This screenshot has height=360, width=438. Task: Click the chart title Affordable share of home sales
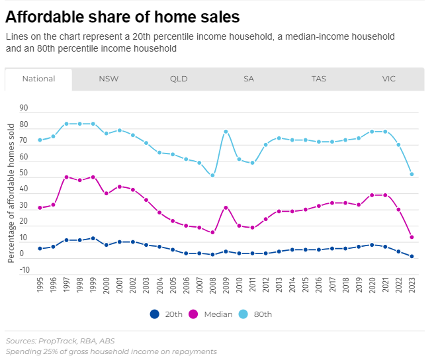(122, 16)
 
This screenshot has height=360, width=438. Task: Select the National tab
(38, 79)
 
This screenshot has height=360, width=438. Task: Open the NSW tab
(109, 79)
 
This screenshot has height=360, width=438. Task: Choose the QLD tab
(179, 79)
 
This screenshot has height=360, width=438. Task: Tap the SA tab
(249, 79)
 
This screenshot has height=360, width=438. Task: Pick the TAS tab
(319, 79)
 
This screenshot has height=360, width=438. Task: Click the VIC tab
(388, 79)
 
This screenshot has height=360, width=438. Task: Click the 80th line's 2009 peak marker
(226, 132)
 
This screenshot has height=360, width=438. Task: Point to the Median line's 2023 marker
(412, 237)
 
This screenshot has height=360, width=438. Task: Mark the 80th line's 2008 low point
(212, 175)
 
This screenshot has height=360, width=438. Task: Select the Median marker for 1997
(66, 177)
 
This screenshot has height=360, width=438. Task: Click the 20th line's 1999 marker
(93, 238)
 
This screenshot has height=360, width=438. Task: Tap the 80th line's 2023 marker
(412, 174)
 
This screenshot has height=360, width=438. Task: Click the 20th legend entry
(165, 314)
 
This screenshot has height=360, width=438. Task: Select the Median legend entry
(212, 314)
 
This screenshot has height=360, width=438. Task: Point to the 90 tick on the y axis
(24, 108)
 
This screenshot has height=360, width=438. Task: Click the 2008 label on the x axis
(212, 283)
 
